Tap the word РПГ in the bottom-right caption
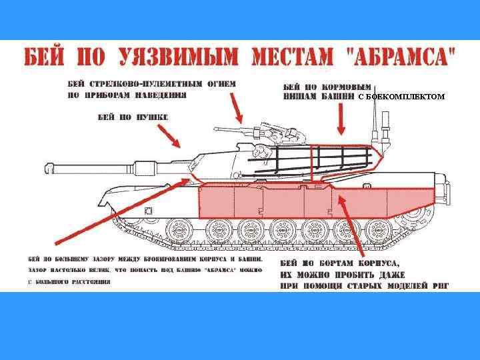440,285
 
